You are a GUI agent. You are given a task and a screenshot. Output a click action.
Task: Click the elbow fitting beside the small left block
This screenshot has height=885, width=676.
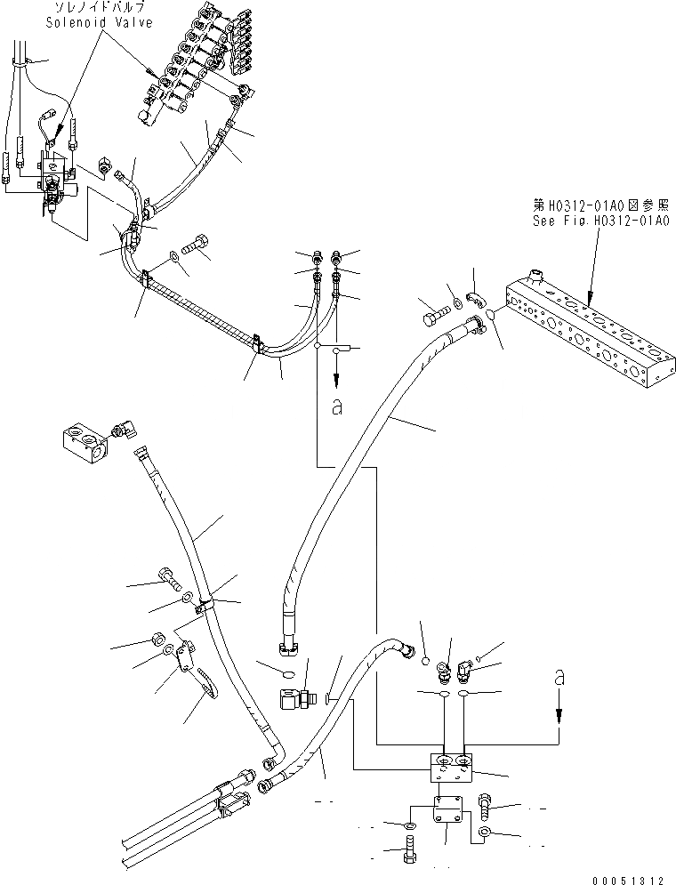(x=121, y=431)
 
